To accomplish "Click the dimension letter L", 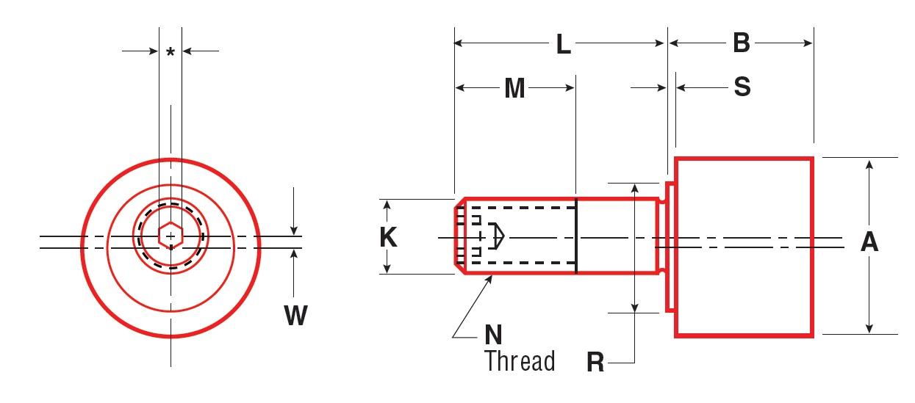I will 563,45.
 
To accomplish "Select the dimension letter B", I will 741,43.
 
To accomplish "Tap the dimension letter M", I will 514,89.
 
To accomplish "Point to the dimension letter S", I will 742,87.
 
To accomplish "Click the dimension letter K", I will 389,237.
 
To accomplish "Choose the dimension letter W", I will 295,316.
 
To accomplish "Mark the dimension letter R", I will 595,362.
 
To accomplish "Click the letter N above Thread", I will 494,335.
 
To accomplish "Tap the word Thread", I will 520,361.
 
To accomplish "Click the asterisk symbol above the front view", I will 171,51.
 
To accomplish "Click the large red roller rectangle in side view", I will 744,247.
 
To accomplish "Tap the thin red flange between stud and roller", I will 670,247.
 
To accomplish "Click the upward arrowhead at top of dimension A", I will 869,164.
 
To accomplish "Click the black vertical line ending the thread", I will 575,236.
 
